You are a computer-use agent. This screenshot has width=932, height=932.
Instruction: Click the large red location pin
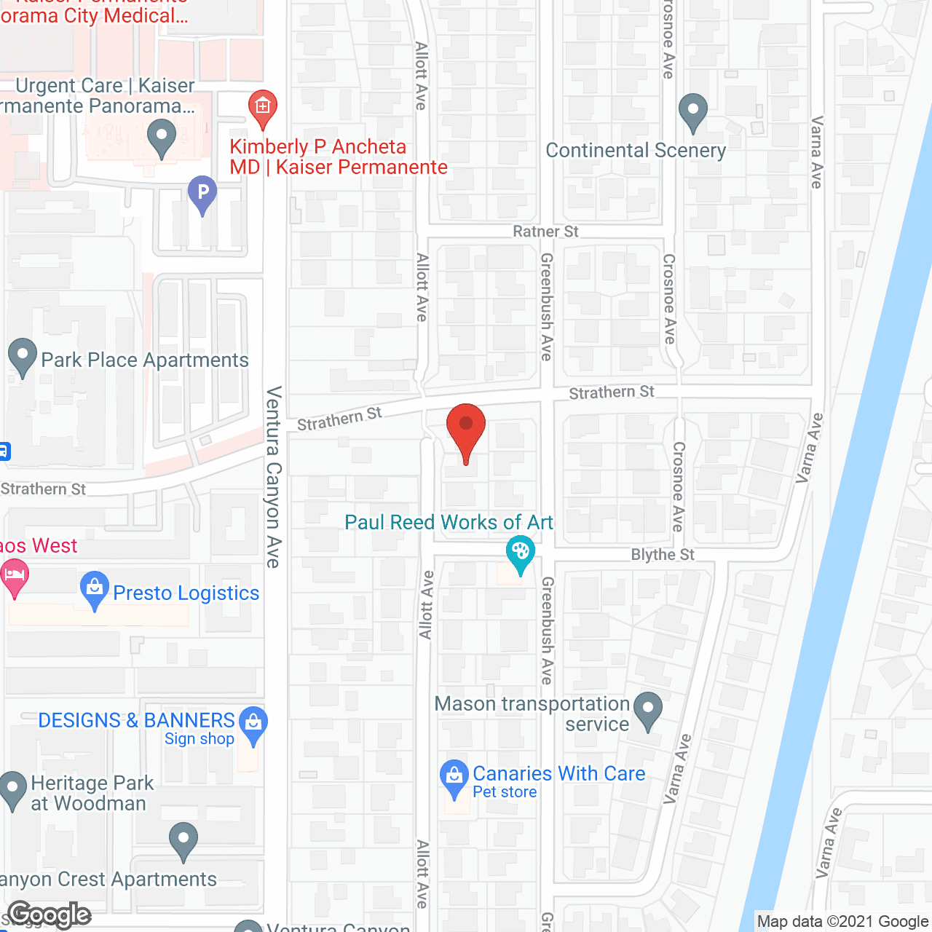point(465,430)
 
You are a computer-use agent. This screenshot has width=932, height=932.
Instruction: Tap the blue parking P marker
point(202,194)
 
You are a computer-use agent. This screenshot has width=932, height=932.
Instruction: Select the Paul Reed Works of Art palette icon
point(520,553)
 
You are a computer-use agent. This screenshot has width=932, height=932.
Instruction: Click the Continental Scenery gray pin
point(692,112)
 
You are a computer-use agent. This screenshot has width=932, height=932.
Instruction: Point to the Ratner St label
point(545,232)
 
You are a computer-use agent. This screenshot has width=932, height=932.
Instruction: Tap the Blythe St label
point(663,555)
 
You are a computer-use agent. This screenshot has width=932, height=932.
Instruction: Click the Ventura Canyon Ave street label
point(273,477)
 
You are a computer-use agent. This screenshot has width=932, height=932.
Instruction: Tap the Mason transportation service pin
point(647,710)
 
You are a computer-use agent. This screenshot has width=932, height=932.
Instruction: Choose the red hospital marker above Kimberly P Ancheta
point(262,109)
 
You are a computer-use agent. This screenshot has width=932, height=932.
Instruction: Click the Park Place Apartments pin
point(22,357)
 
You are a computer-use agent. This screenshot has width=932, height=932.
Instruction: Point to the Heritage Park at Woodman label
point(92,793)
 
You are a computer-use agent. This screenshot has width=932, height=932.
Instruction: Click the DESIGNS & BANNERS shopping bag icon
point(253,724)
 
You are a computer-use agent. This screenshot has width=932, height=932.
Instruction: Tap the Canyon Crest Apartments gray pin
point(183,840)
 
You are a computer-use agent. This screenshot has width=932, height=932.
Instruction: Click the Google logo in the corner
point(50,915)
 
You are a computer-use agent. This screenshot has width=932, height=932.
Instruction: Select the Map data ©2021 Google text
point(842,922)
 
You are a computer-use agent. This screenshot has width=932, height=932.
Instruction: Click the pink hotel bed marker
point(15,577)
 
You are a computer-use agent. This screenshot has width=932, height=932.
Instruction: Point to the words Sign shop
point(199,739)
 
